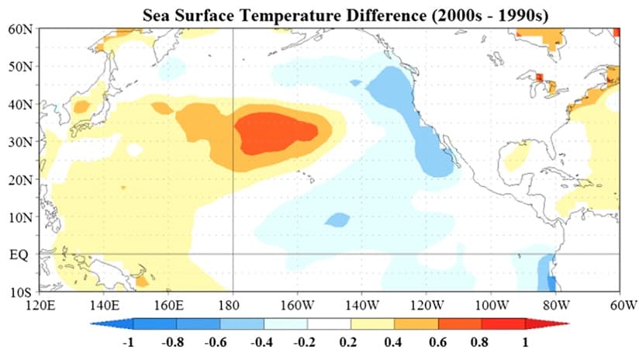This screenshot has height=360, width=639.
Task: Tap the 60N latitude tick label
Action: point(20,29)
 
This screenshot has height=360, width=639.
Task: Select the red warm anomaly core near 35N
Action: point(275,132)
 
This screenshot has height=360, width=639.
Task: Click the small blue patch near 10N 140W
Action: point(337,220)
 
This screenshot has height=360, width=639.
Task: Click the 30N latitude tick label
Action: point(20,141)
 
